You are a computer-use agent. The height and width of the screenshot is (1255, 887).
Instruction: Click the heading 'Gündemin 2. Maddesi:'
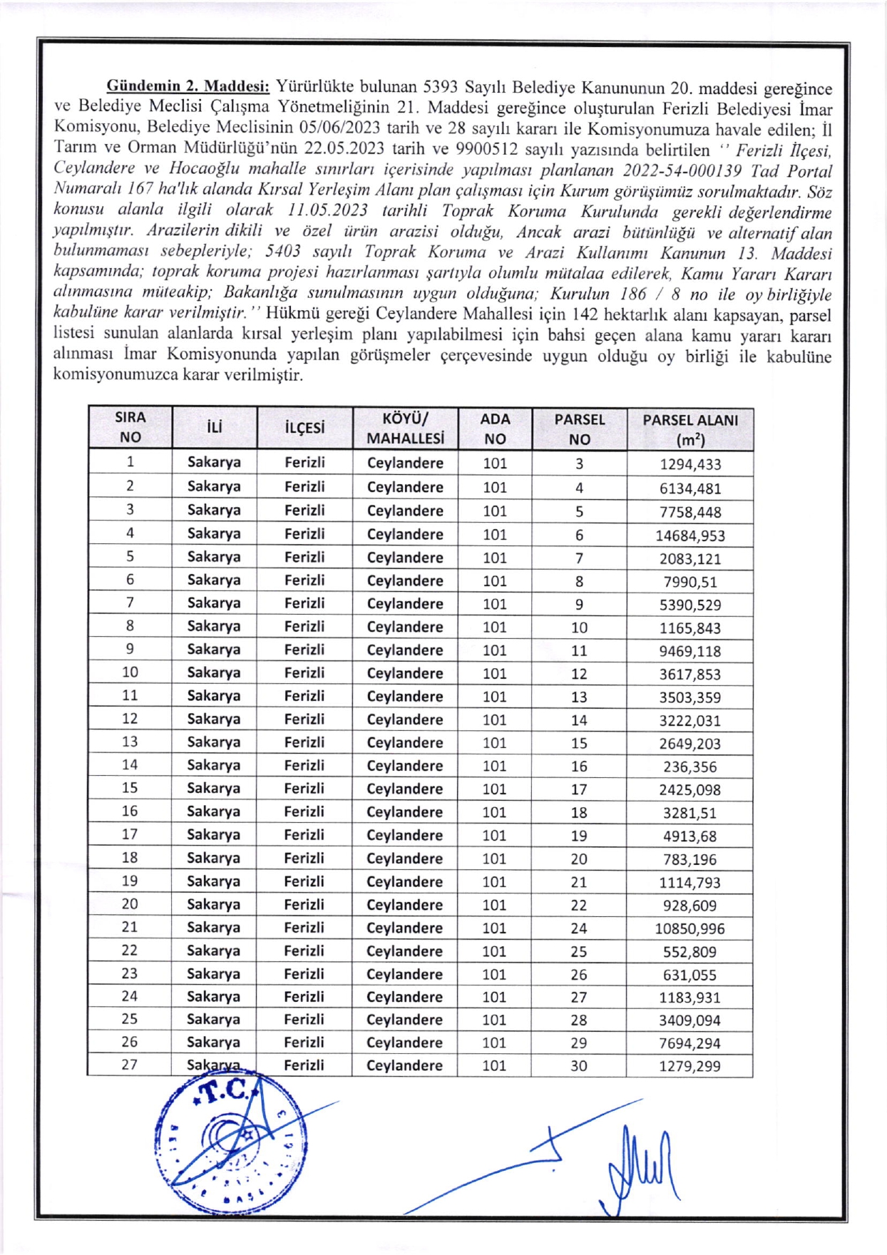point(188,87)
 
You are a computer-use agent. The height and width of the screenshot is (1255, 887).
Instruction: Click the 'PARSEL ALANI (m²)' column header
point(689,429)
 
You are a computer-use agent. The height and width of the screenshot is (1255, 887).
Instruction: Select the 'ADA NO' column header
point(495,429)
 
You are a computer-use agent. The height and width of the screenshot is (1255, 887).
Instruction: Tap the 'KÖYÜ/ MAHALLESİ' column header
point(405,429)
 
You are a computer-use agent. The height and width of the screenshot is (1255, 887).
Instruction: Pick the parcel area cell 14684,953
point(689,536)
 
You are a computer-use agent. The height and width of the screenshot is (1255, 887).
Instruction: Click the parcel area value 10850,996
point(689,928)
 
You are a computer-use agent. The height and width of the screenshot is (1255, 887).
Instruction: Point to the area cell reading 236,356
point(689,767)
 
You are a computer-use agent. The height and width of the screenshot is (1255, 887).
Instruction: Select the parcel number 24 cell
point(579,928)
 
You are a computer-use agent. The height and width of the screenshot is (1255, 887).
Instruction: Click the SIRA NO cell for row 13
point(130,742)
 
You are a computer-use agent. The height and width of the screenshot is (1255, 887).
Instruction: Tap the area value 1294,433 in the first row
point(689,464)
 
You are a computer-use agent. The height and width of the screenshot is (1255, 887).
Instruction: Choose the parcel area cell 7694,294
point(689,1043)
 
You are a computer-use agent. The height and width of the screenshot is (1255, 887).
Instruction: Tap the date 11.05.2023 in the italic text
point(327,211)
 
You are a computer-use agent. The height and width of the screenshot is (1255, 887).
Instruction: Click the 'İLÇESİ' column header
point(304,429)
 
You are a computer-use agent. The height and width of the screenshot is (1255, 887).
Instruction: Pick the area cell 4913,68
point(689,836)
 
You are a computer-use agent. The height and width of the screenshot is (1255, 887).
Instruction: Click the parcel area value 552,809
point(689,951)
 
